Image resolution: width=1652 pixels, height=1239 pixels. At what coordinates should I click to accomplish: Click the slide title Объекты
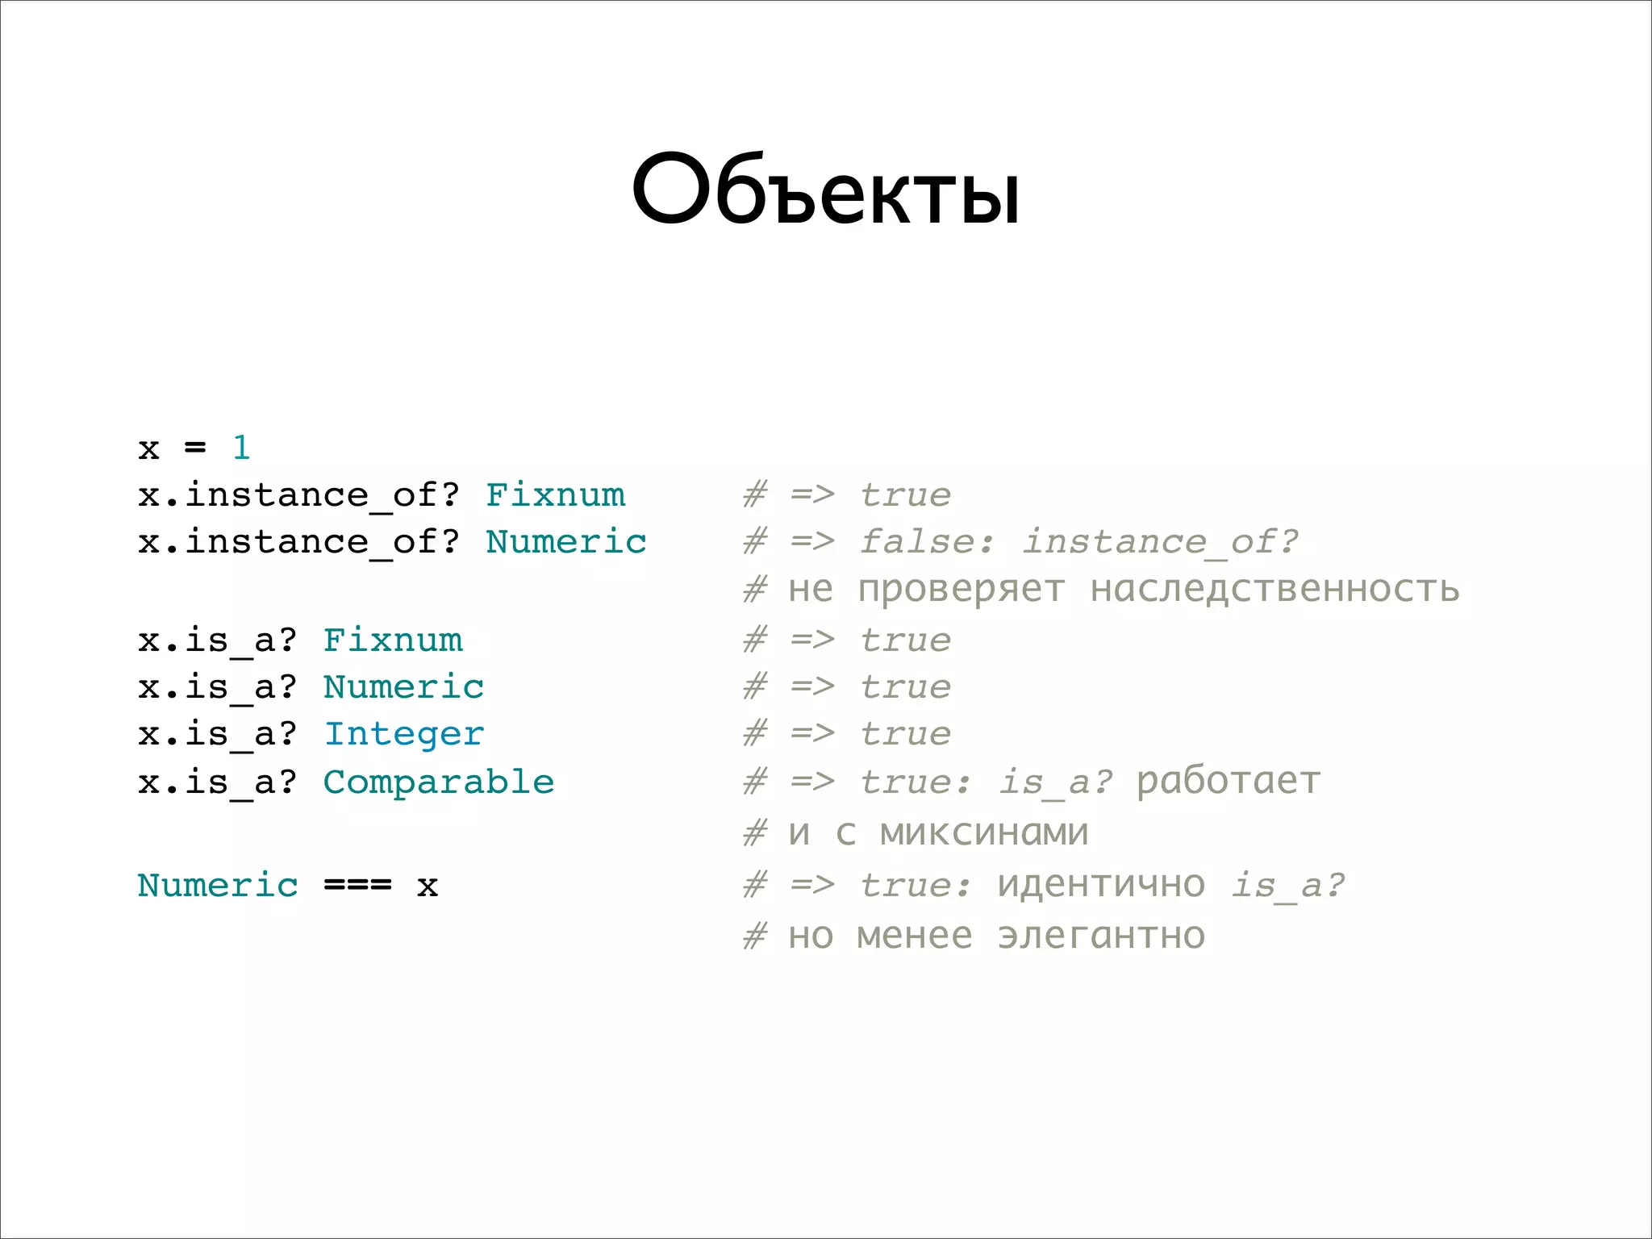pos(826,191)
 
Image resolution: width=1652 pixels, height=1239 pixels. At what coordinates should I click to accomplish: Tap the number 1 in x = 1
pos(241,448)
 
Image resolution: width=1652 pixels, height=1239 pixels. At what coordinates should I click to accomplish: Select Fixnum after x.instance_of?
pos(555,495)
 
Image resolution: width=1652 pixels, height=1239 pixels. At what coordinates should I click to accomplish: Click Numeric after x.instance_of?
pos(565,542)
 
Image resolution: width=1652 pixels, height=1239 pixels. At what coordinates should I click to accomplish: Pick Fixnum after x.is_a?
pos(393,640)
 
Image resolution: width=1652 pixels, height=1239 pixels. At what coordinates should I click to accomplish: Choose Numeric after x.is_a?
pos(403,687)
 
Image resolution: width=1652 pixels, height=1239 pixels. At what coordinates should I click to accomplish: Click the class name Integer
pos(403,734)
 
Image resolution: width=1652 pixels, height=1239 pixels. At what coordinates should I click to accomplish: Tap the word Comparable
pos(438,782)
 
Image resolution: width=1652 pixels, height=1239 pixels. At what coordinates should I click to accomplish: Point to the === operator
pos(357,886)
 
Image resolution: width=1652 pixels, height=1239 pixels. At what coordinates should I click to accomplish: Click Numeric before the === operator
pos(218,886)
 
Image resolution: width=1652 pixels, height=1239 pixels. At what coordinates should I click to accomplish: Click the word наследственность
pos(1274,589)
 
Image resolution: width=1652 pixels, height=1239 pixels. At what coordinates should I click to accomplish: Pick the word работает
pos(1228,782)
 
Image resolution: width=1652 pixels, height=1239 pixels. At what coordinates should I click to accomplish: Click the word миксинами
pos(983,832)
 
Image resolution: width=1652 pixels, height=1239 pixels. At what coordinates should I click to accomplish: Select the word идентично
pos(1101,886)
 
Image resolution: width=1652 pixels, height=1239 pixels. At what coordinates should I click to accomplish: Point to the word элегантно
pos(1101,936)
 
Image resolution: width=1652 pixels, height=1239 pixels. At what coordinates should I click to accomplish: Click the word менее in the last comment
pos(914,936)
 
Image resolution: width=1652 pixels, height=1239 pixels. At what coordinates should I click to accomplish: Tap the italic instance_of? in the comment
pos(1160,542)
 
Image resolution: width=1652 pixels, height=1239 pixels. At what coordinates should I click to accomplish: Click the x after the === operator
pos(428,886)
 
